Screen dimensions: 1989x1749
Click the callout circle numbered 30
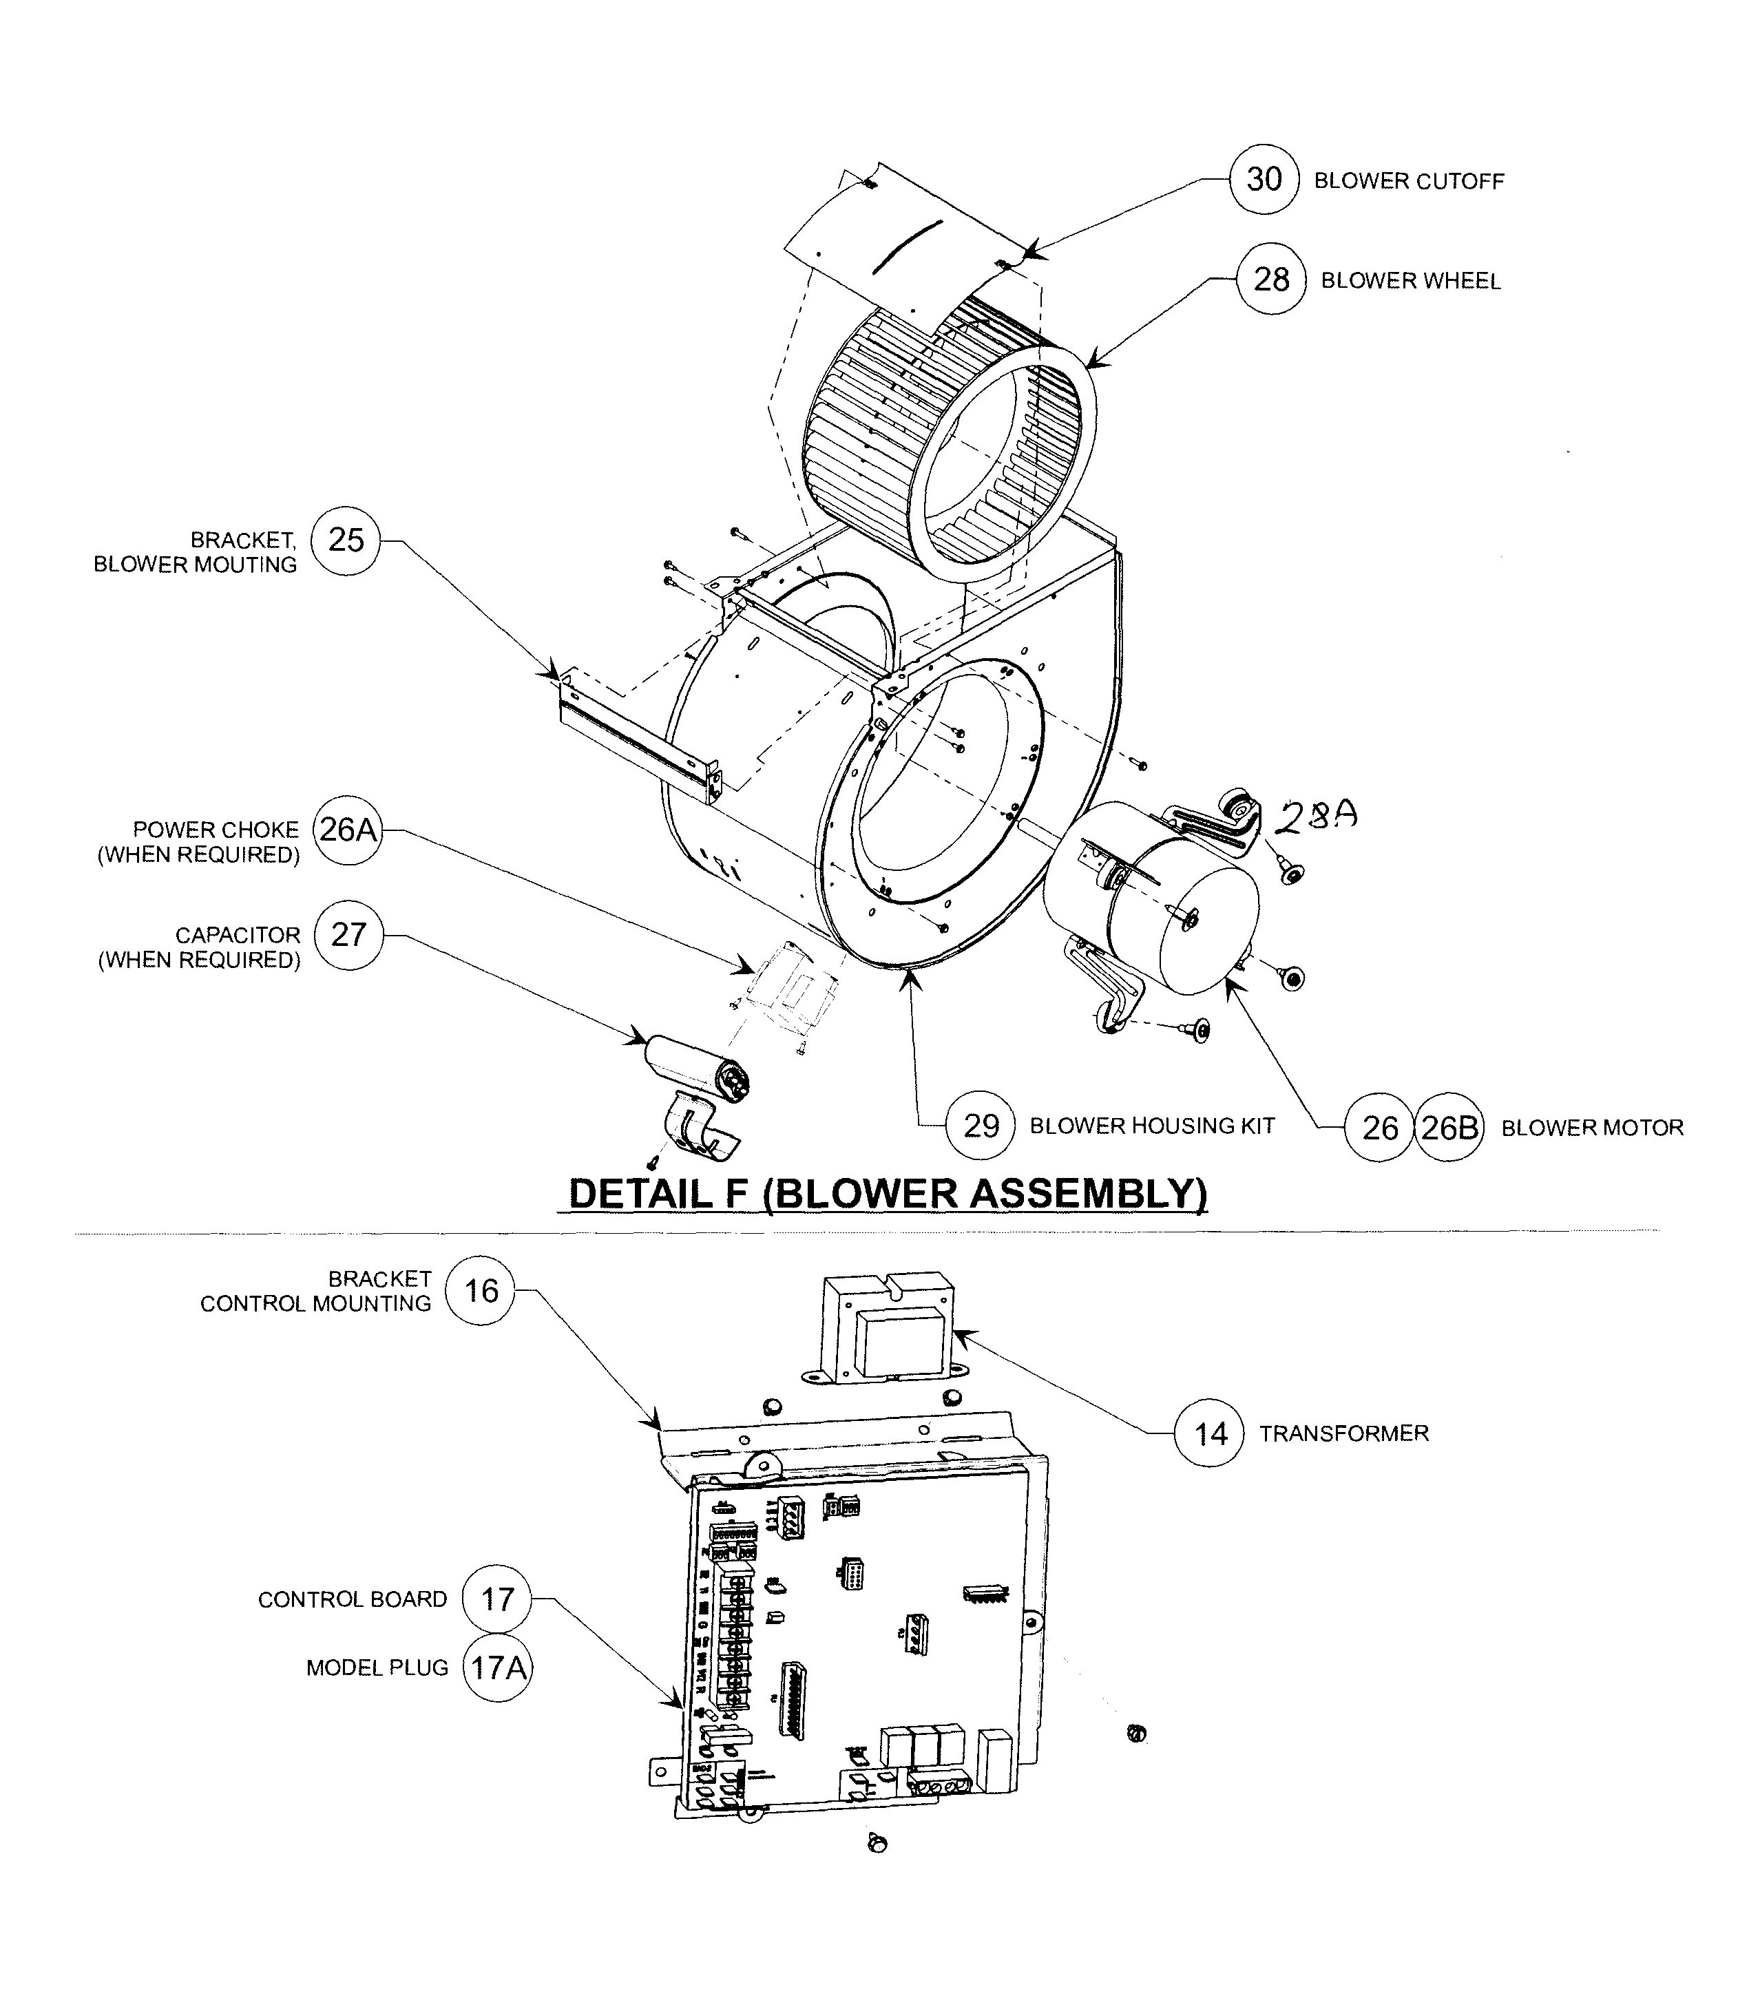pos(1264,179)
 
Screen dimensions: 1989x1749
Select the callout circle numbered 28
pos(1270,280)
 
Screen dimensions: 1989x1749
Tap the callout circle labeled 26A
pos(348,830)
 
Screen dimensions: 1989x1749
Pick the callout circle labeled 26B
pos(1448,1128)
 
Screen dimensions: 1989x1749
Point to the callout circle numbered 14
pos(1210,1433)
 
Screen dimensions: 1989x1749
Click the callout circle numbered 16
pos(480,1292)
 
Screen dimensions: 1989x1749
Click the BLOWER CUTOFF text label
pos(1408,181)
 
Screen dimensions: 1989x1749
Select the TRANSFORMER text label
pos(1343,1433)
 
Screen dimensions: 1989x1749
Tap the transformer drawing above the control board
pos(886,1329)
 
